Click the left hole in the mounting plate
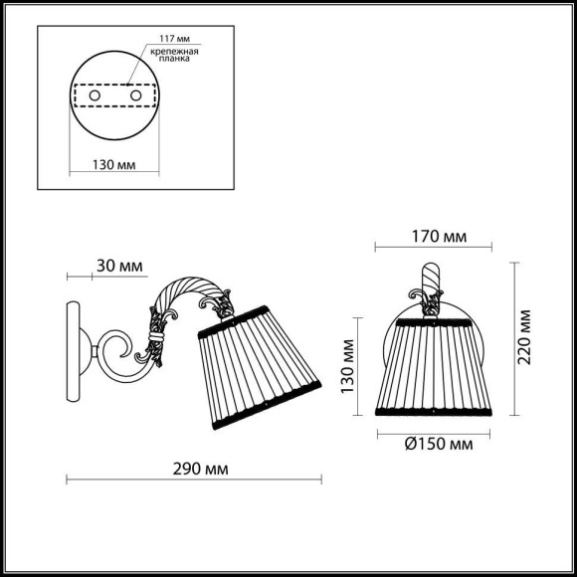(94, 96)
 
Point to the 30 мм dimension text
(120, 266)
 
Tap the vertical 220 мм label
(526, 337)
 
